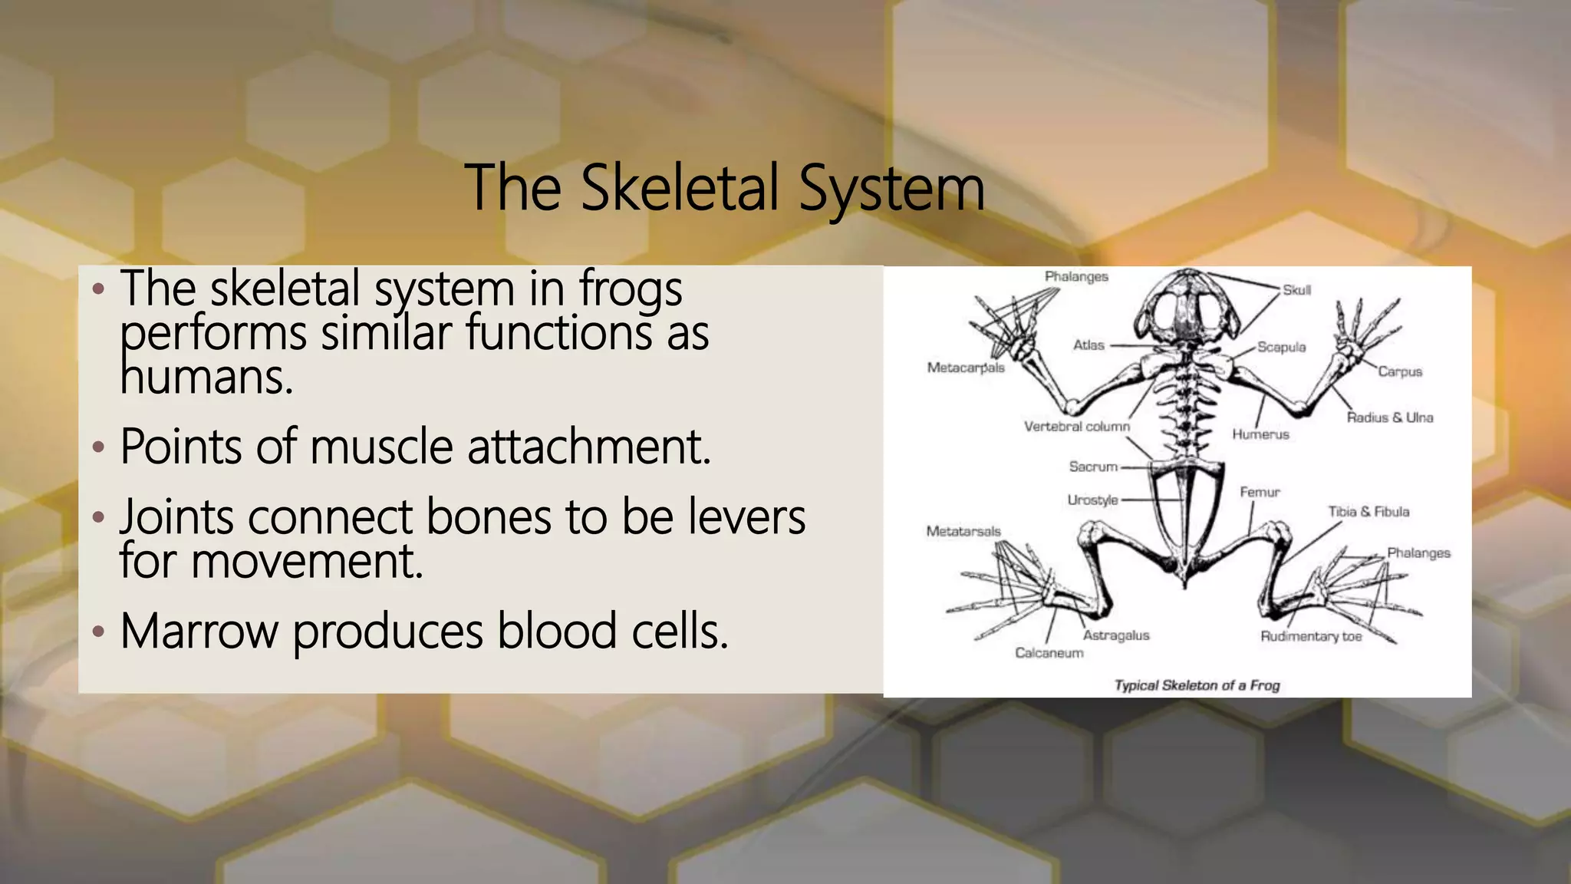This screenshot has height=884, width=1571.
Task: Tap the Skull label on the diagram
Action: [x=1296, y=290]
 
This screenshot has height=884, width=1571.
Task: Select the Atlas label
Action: [x=1089, y=345]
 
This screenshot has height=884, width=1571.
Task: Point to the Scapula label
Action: [x=1281, y=347]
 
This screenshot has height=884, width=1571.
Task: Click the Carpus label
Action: [x=1399, y=371]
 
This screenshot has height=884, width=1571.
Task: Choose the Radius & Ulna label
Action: [x=1389, y=417]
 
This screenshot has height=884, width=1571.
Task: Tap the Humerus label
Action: [x=1260, y=434]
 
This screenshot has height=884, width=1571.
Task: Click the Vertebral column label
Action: [x=1076, y=426]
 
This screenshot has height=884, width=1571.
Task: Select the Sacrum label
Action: [x=1093, y=467]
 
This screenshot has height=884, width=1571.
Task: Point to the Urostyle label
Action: [x=1092, y=500]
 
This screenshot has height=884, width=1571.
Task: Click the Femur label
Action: [x=1260, y=492]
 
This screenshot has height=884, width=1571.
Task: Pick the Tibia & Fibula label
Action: [x=1368, y=511]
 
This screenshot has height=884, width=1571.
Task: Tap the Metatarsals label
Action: [x=963, y=531]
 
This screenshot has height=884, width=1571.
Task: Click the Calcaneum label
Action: [x=1049, y=653]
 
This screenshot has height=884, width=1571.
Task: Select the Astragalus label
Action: [x=1116, y=635]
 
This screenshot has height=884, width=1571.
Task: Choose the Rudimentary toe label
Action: [x=1311, y=636]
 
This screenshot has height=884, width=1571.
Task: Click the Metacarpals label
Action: [x=965, y=368]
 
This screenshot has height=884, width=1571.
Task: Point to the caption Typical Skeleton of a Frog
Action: [x=1197, y=685]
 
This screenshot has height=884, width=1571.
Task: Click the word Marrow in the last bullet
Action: [x=199, y=632]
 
